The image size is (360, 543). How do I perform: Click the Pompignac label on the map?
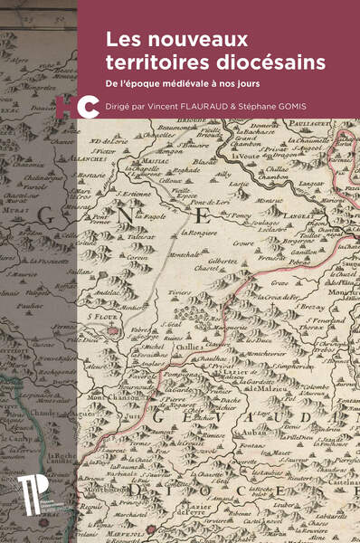tap(176, 373)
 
